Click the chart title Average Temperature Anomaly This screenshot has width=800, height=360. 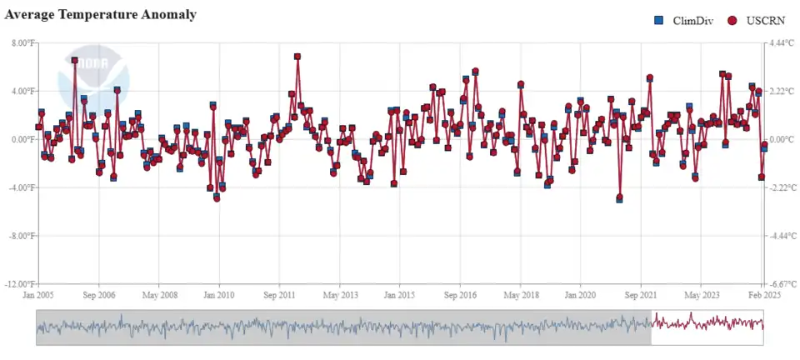click(101, 14)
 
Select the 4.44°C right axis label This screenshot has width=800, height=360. click(780, 42)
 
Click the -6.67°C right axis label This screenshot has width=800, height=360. click(780, 284)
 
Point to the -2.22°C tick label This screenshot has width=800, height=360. click(780, 187)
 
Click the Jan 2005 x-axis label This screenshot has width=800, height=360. click(39, 295)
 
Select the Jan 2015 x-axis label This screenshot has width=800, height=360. click(400, 295)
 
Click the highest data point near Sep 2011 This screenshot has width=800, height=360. click(297, 57)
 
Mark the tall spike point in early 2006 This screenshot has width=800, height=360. click(75, 60)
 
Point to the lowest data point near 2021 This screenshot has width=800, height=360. click(619, 198)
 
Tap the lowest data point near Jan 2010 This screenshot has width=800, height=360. click(217, 198)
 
